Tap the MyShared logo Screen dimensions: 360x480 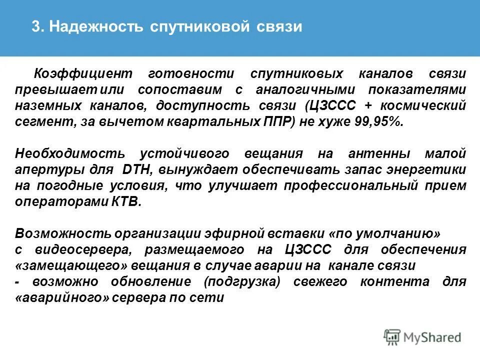pos(422,337)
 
